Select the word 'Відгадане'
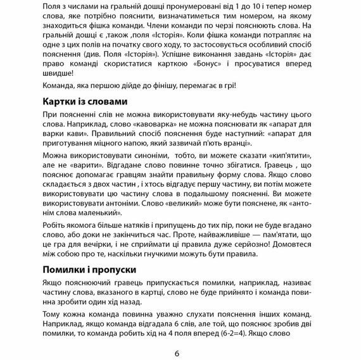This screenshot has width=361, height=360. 104,167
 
